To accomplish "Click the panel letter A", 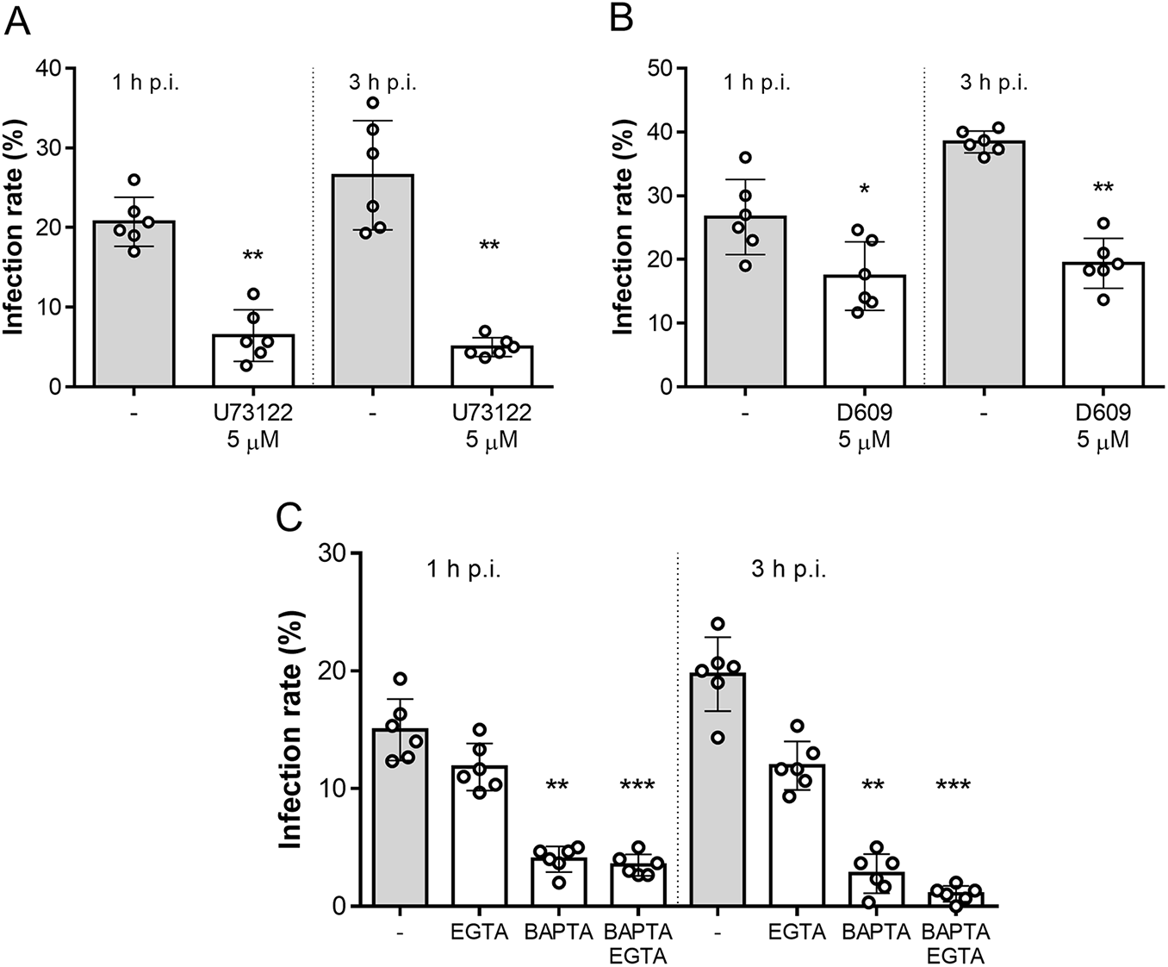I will (18, 20).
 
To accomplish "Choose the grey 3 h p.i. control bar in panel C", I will (718, 789).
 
